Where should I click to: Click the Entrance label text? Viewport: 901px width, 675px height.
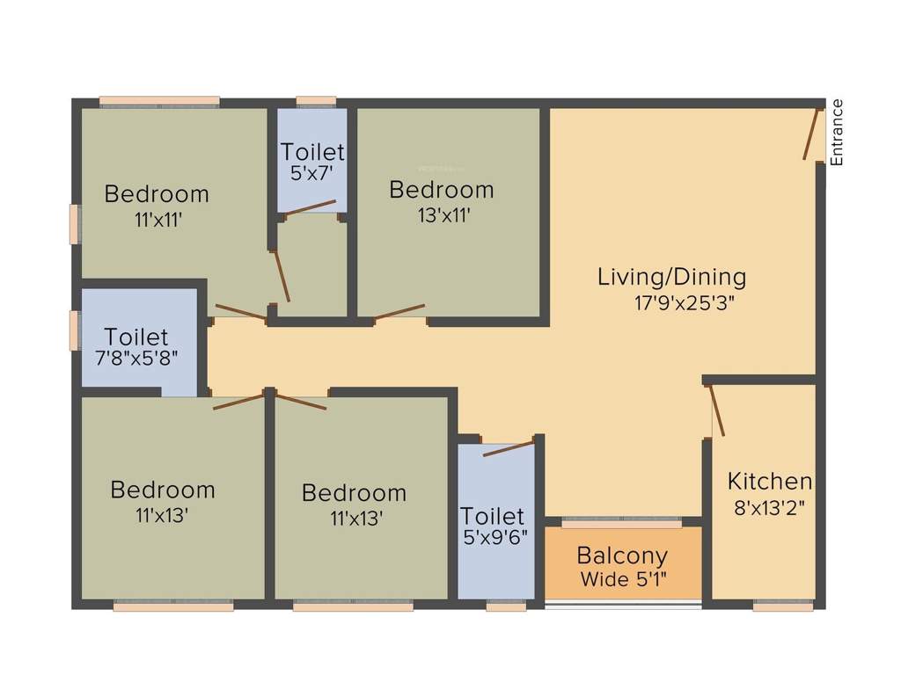coord(837,133)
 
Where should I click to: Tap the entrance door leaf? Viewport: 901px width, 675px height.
coord(811,134)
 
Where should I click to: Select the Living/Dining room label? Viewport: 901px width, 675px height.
coord(671,277)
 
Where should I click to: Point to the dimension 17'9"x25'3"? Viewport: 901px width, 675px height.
coord(678,303)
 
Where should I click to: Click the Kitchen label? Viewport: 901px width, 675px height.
coord(769,482)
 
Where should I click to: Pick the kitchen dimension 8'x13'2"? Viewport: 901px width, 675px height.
coord(769,507)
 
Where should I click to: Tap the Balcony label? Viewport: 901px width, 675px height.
coord(622,555)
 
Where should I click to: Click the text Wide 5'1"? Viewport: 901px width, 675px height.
coord(623,579)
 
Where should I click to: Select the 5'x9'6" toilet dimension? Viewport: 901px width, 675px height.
coord(494,538)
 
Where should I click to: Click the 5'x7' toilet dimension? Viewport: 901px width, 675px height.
coord(312,174)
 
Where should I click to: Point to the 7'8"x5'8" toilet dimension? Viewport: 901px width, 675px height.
coord(136,359)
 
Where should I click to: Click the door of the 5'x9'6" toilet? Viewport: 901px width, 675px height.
coord(509,447)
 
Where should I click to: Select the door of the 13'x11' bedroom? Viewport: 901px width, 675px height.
coord(399,312)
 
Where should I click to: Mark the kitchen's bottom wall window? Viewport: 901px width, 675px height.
coord(783,606)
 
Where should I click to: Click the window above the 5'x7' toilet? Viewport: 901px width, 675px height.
coord(316,101)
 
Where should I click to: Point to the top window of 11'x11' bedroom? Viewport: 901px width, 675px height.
coord(159,101)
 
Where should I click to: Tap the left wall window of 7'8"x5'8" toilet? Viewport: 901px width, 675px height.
coord(76,330)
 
